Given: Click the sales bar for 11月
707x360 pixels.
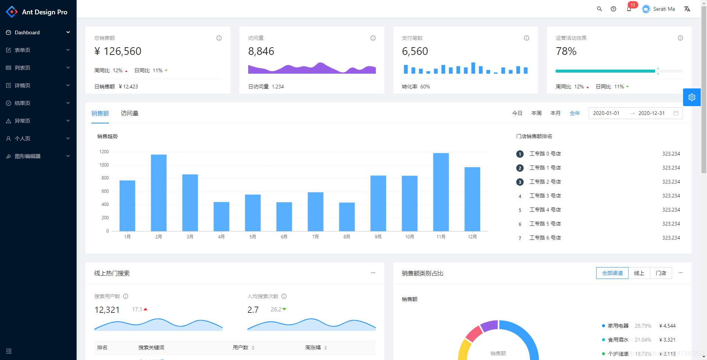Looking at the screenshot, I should pyautogui.click(x=441, y=192).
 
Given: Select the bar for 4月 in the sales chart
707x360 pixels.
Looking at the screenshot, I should pyautogui.click(x=221, y=216).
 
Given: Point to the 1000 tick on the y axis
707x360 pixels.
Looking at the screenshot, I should pyautogui.click(x=104, y=165).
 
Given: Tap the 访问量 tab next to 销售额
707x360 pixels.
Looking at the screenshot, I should pyautogui.click(x=130, y=113).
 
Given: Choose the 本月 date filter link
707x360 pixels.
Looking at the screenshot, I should pyautogui.click(x=555, y=113).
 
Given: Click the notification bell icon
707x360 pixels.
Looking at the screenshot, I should pyautogui.click(x=629, y=9).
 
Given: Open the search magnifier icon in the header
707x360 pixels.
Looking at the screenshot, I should pyautogui.click(x=599, y=9).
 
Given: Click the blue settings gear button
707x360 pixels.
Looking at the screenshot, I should pyautogui.click(x=692, y=97).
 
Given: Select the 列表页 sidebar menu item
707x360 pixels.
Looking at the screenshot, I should pyautogui.click(x=22, y=68).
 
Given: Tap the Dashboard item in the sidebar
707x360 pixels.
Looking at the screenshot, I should pyautogui.click(x=27, y=32).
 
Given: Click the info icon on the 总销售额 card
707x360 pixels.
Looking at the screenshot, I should pyautogui.click(x=219, y=38).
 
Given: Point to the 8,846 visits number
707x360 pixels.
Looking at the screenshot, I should pyautogui.click(x=261, y=51).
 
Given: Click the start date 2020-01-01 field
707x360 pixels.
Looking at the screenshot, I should pyautogui.click(x=606, y=113).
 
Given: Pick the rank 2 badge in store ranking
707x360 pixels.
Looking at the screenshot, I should pyautogui.click(x=520, y=168).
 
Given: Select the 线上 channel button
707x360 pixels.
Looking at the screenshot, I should pyautogui.click(x=639, y=273).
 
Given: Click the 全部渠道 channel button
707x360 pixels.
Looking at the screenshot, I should pyautogui.click(x=612, y=273).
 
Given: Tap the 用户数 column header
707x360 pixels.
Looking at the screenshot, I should pyautogui.click(x=240, y=347).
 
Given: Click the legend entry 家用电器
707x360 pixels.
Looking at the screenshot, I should pyautogui.click(x=618, y=326).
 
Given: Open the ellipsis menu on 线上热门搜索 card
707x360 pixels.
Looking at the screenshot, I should pyautogui.click(x=373, y=273).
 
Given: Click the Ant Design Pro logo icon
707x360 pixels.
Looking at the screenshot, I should pyautogui.click(x=12, y=12).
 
